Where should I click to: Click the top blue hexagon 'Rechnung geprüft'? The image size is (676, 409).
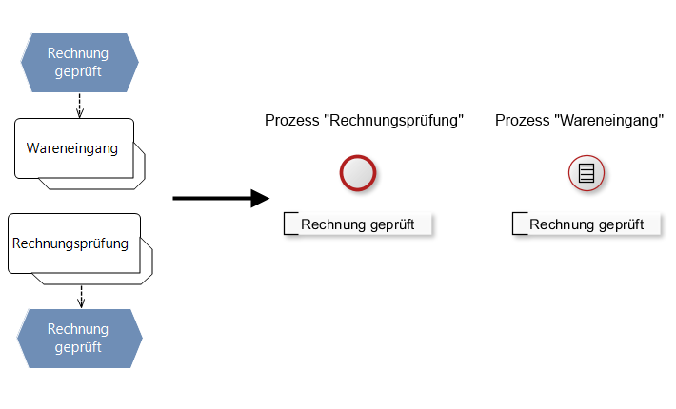(x=79, y=62)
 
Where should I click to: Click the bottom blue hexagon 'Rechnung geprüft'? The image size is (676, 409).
(x=79, y=339)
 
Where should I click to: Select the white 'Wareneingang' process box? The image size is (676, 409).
(x=72, y=148)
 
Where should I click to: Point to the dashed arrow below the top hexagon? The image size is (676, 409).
(x=80, y=105)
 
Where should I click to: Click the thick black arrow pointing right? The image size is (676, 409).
(x=221, y=198)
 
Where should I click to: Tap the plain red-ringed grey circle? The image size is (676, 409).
(x=358, y=173)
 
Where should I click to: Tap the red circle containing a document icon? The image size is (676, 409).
(x=587, y=173)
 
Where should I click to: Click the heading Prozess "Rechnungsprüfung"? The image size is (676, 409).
(x=364, y=121)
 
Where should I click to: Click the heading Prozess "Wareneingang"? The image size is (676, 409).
(x=579, y=121)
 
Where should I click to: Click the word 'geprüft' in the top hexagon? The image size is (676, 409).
(x=79, y=70)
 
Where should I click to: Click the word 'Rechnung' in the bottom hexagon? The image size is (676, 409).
(x=79, y=329)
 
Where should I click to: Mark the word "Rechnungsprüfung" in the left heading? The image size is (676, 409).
(x=394, y=121)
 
